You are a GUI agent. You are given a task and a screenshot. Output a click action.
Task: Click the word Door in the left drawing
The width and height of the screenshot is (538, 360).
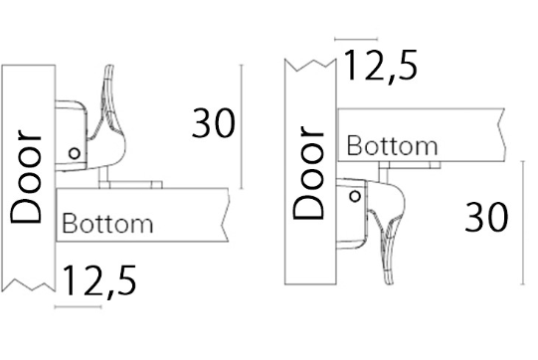coord(26,176)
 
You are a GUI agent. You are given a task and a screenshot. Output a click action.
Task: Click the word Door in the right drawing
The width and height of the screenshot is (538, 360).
coord(308,173)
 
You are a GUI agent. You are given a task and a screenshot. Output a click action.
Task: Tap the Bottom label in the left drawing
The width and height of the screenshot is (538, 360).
coord(107,224)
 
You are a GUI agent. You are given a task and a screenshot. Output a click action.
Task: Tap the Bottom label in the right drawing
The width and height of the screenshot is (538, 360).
coord(392,146)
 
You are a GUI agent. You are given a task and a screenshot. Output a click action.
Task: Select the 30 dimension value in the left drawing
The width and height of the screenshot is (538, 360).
coord(214,123)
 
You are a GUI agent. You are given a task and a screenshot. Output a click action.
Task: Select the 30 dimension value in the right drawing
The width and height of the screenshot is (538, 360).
coord(486,217)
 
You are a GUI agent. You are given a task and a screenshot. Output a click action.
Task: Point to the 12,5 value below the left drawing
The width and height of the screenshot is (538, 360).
coord(99,281)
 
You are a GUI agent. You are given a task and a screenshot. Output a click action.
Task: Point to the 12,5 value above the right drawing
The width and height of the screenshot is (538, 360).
coord(381,66)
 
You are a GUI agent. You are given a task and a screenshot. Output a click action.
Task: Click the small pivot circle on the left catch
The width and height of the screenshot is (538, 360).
coord(75,153)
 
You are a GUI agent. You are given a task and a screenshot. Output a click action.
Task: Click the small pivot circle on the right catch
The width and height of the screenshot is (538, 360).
coord(355,197)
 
